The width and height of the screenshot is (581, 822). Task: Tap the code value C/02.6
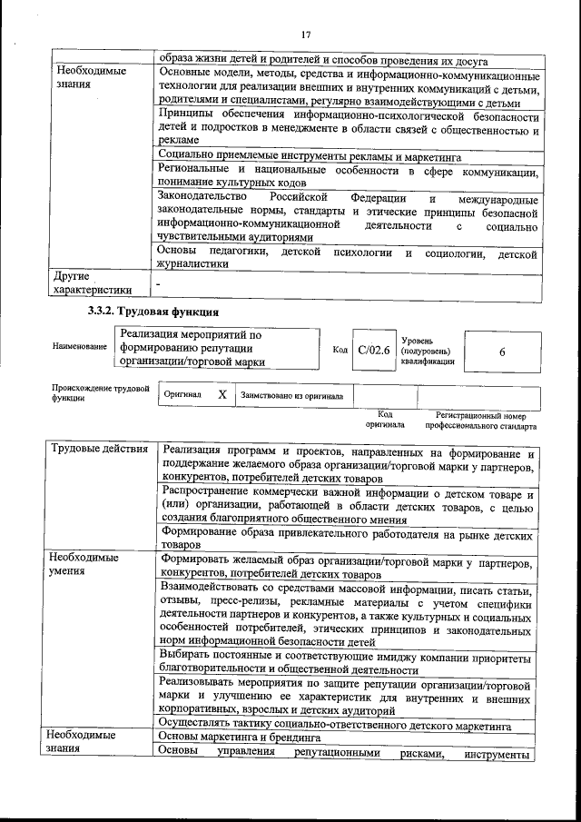tap(373, 350)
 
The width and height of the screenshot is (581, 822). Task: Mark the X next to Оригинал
tap(222, 396)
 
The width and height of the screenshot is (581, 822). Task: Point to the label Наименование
tap(80, 346)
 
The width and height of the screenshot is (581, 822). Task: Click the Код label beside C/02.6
tap(340, 350)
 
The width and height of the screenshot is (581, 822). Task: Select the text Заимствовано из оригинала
tap(291, 396)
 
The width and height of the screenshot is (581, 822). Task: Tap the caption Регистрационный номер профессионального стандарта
tap(480, 420)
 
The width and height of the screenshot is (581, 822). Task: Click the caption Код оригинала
tap(385, 420)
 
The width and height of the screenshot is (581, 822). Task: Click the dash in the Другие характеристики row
tap(158, 285)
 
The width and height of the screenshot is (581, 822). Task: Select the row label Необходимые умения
tap(84, 564)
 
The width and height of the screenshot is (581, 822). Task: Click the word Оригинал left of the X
tap(182, 396)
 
